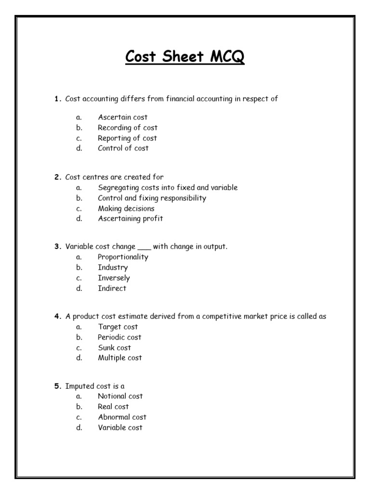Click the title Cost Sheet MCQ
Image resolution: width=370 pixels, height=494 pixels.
(x=185, y=57)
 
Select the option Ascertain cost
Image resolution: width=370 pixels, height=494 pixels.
(x=122, y=117)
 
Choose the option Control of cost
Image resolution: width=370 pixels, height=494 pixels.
(x=123, y=148)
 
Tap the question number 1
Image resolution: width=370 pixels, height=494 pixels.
(x=56, y=99)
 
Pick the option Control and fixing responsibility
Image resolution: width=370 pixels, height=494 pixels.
(x=152, y=198)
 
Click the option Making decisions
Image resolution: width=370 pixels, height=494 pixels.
(x=126, y=208)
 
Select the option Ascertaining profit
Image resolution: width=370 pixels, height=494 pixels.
(x=130, y=219)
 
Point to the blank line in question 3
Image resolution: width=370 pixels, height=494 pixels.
(x=144, y=247)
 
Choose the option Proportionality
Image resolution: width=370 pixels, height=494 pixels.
(x=123, y=257)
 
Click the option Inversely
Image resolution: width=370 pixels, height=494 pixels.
(x=114, y=278)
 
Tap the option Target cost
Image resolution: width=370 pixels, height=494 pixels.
(x=118, y=327)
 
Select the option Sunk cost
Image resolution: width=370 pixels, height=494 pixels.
(x=114, y=347)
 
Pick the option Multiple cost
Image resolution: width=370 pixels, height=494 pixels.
(x=119, y=358)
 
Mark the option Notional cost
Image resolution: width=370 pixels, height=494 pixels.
(x=120, y=396)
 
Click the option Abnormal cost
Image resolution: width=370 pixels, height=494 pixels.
(x=122, y=417)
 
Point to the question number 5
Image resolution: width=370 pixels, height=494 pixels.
(x=57, y=386)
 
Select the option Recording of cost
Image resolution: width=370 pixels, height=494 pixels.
(x=127, y=128)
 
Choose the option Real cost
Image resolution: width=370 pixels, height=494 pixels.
(x=113, y=407)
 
